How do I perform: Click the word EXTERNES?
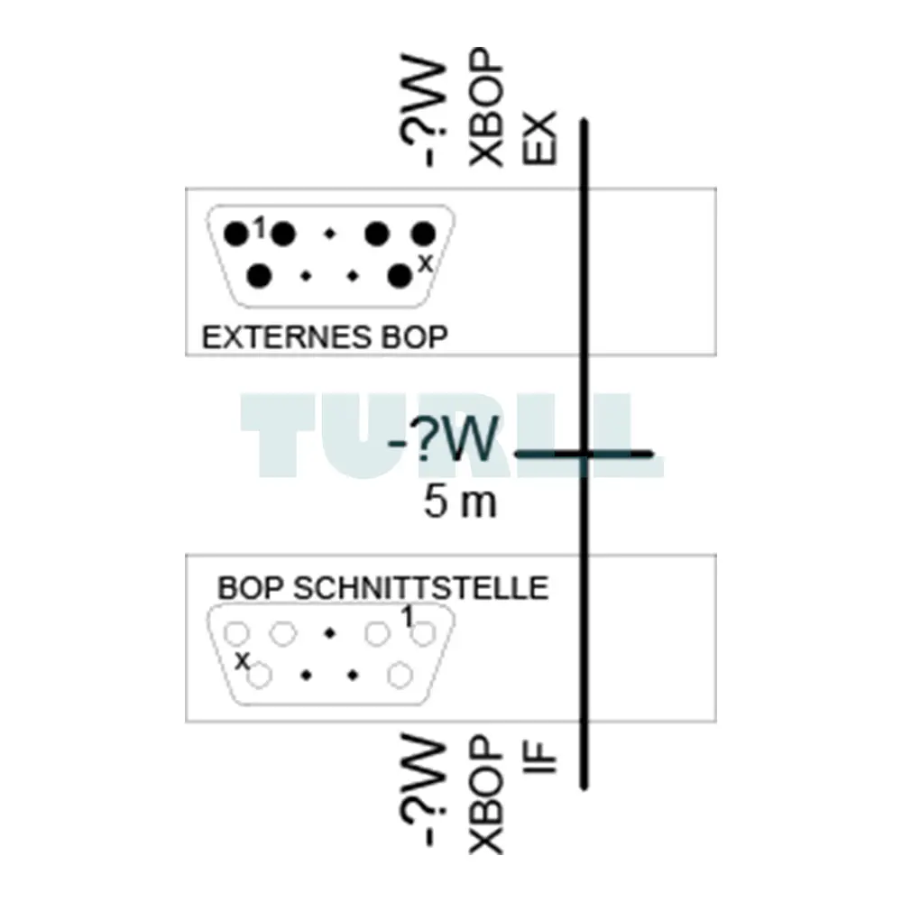[x=287, y=337]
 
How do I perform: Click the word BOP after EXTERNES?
[x=414, y=337]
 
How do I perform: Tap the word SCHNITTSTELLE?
[x=420, y=588]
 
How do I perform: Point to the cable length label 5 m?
[x=460, y=502]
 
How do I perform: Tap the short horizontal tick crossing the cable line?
[x=584, y=455]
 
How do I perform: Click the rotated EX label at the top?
[x=539, y=138]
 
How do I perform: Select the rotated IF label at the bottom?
[x=539, y=759]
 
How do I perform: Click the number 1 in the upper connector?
[x=261, y=228]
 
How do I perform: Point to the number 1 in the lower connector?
[x=407, y=617]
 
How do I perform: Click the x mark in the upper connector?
[x=425, y=264]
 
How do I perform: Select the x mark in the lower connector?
[x=242, y=660]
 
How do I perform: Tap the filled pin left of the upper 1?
[x=235, y=235]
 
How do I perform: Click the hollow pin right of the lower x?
[x=260, y=676]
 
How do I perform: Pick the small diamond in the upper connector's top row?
[x=329, y=234]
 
